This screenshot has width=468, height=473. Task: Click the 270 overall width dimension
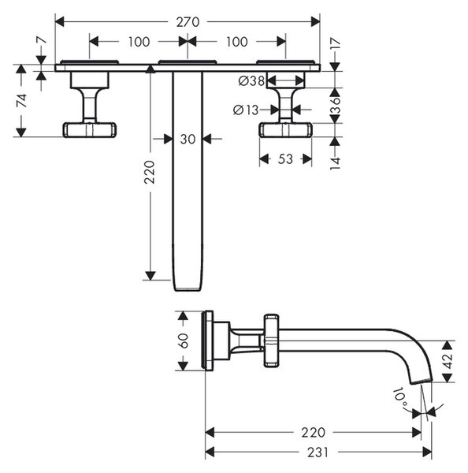[x=188, y=22]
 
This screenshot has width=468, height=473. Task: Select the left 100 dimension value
[x=139, y=42]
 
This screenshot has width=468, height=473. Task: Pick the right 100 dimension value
[x=236, y=42]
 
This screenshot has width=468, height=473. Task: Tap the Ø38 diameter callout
[x=251, y=80]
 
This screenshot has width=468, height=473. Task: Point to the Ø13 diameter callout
[x=246, y=110]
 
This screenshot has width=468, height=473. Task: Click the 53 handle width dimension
[x=285, y=159]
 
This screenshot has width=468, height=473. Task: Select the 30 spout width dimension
[x=188, y=139]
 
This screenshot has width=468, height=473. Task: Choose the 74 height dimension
[x=21, y=100]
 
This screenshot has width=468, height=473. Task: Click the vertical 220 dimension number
[x=149, y=172]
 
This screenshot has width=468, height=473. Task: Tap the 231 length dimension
[x=318, y=453]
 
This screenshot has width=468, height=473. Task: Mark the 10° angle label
[x=400, y=397]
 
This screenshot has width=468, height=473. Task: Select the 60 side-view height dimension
[x=184, y=341]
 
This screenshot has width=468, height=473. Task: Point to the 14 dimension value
[x=336, y=163]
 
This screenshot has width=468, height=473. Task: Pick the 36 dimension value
[x=336, y=105]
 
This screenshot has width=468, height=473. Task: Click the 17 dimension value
[x=336, y=43]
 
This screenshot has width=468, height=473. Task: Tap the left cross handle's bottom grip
[x=90, y=130]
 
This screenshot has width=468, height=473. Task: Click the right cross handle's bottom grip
[x=285, y=130]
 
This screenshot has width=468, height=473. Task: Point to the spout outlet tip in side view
[x=422, y=381]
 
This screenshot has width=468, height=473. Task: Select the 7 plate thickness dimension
[x=43, y=40]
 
